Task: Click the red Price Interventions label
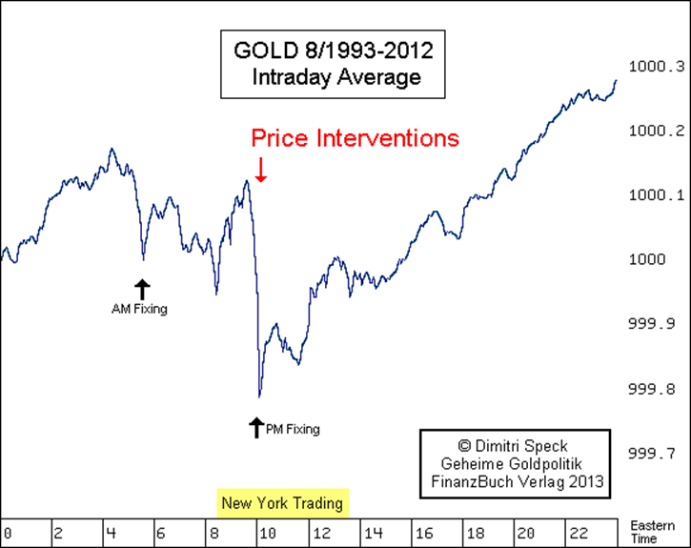click(355, 138)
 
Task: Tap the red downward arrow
click(260, 170)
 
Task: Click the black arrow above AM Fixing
click(142, 289)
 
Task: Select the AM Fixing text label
click(139, 309)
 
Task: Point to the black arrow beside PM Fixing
click(255, 427)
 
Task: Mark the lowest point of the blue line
click(259, 396)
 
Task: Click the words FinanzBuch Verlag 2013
click(515, 481)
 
